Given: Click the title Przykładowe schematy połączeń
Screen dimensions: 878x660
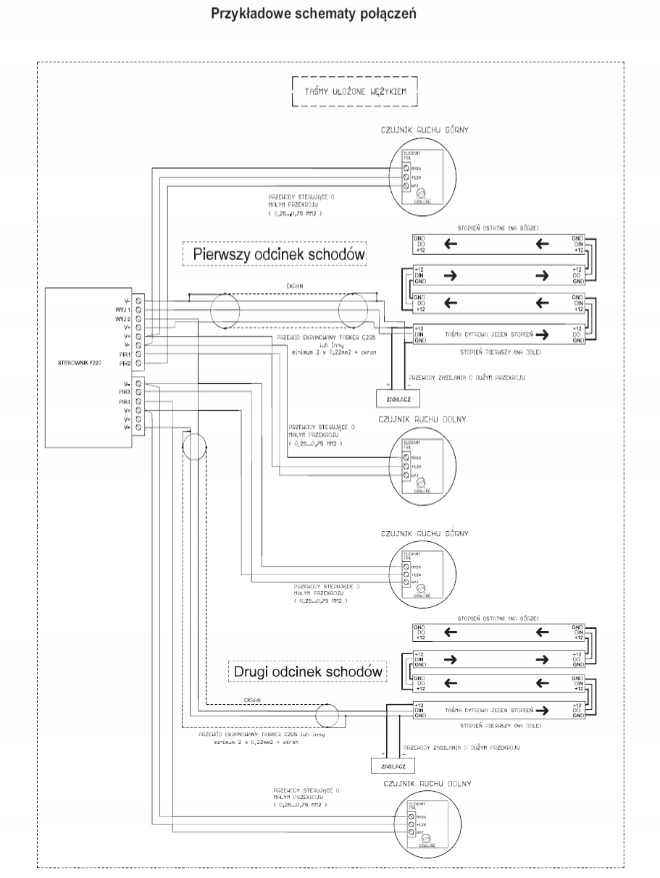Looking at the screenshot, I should point(313,14).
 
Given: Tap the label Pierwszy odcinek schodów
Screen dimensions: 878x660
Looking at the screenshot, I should point(279,255).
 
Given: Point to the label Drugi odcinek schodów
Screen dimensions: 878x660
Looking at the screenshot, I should point(308,672).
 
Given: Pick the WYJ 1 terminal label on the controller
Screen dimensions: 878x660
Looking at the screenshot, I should point(121,309).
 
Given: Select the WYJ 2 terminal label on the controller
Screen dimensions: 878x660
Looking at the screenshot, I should point(121,319).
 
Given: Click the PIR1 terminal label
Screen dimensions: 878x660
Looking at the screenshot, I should point(123,354).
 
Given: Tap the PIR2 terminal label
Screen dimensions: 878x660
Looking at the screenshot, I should point(123,363).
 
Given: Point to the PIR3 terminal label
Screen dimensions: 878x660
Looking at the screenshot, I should point(123,392).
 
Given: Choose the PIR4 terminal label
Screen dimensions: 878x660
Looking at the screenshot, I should point(123,401).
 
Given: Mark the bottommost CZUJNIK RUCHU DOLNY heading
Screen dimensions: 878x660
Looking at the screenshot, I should point(425,784).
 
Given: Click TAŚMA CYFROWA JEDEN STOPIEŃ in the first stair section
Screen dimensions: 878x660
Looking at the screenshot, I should point(488,335).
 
